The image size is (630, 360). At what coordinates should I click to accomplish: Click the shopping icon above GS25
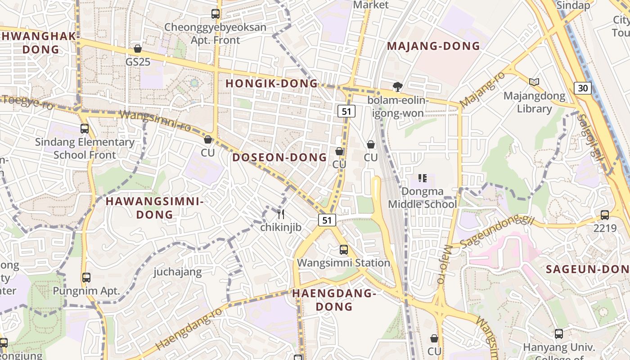click(x=138, y=49)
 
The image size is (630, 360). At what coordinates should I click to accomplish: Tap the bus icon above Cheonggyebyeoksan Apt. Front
click(x=216, y=14)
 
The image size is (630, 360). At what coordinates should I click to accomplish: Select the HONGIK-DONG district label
click(x=271, y=84)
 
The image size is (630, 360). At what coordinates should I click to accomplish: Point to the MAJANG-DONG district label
click(x=433, y=46)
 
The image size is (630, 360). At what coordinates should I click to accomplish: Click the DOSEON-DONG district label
click(x=279, y=157)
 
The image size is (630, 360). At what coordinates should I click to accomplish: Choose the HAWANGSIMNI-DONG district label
click(x=155, y=208)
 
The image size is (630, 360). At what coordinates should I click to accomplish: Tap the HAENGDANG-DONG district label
click(x=334, y=300)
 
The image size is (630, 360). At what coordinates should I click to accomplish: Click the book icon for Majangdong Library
click(x=534, y=82)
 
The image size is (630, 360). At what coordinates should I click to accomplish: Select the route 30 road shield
click(x=583, y=88)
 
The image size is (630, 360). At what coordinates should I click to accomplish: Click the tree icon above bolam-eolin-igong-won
click(x=397, y=86)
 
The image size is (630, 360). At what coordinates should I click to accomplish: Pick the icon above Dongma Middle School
click(x=422, y=178)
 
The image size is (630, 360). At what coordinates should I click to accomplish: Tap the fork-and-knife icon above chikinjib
click(x=281, y=214)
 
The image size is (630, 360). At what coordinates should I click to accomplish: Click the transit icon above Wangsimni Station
click(x=344, y=249)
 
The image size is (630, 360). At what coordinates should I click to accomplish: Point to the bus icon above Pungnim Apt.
click(x=86, y=278)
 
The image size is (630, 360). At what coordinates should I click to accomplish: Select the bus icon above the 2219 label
click(x=605, y=215)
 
